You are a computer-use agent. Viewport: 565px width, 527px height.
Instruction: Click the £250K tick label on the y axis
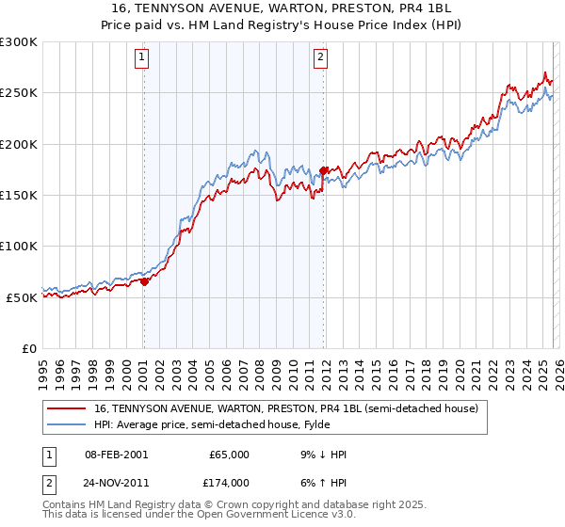19,93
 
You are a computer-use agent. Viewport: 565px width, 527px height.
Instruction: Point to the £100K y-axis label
19,246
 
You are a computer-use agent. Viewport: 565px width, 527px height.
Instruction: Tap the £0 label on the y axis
29,348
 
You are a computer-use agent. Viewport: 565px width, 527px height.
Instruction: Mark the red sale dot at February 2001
144,281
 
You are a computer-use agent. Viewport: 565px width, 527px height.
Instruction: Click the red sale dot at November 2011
323,170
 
